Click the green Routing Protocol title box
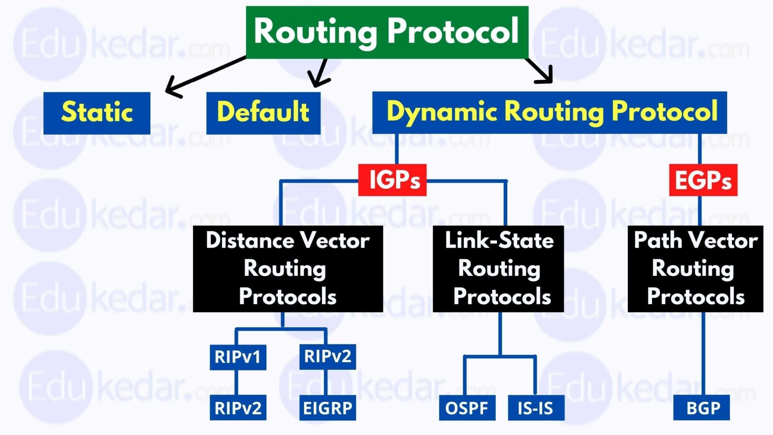[x=387, y=32]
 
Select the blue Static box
[x=97, y=113]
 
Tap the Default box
[x=263, y=113]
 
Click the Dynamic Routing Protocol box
[x=550, y=112]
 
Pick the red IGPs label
[x=393, y=180]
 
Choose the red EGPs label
[x=703, y=180]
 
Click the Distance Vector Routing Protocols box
[x=287, y=269]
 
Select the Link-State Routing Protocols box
[x=498, y=269]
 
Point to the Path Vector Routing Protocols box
[x=695, y=269]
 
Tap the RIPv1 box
[x=238, y=357]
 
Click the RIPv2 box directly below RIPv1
[x=238, y=408]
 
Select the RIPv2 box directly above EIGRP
[x=327, y=356]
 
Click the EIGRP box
[x=327, y=408]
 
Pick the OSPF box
[x=467, y=408]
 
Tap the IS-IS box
[x=536, y=408]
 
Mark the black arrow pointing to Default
[x=320, y=72]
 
